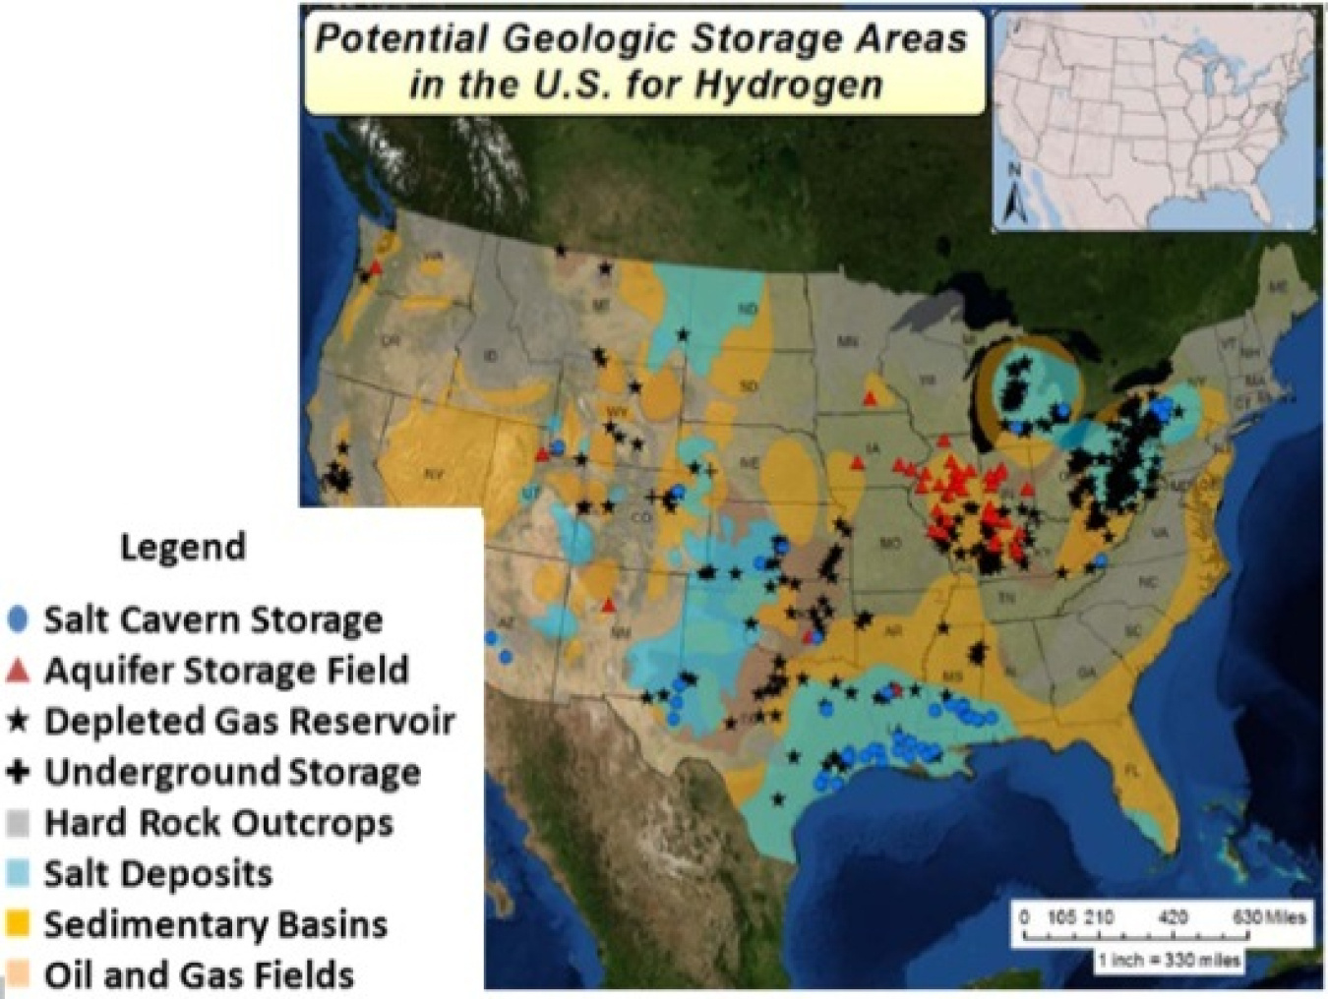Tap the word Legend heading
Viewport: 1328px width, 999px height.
pos(183,547)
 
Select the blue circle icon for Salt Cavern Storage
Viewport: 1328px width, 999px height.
pos(18,619)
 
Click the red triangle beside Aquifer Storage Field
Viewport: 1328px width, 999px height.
pos(18,671)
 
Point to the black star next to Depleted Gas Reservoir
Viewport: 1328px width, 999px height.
pos(18,722)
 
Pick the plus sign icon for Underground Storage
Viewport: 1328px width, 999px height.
pos(18,772)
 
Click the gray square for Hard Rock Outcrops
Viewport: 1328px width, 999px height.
pos(18,823)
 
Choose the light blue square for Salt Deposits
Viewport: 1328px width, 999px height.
pos(18,873)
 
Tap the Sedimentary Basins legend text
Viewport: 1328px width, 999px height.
pos(215,924)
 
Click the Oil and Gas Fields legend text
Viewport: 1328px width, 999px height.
pos(199,975)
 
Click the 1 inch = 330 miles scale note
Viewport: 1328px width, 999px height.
pos(1169,959)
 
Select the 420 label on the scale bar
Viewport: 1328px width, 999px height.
pos(1173,917)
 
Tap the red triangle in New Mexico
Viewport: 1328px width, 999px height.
pos(610,605)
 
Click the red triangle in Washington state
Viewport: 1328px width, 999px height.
pos(376,266)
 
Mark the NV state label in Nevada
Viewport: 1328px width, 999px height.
pos(434,475)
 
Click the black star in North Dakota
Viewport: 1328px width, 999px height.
pos(683,335)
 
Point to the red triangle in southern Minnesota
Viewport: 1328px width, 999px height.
pos(870,398)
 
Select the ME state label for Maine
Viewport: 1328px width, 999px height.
pos(1277,286)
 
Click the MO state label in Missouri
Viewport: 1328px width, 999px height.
pos(890,542)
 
